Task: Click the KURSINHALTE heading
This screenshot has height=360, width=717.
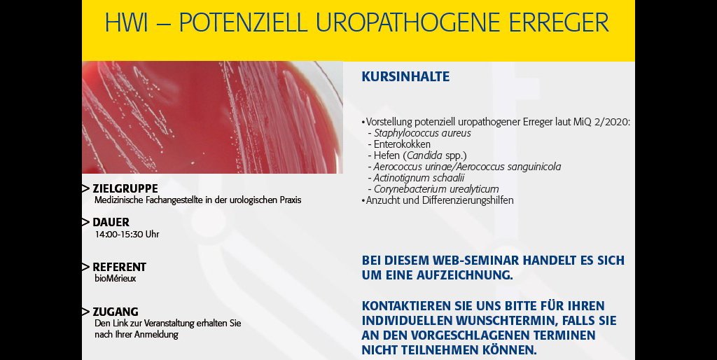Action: (405, 76)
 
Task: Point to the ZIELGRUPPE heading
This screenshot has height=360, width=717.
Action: (125, 188)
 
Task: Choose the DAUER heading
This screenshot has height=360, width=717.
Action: (111, 222)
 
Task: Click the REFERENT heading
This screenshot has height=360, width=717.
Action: (119, 267)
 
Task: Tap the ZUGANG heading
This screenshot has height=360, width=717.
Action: (116, 312)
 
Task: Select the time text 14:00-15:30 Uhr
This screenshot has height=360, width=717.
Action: (127, 234)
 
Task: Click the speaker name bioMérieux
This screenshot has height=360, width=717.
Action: (116, 278)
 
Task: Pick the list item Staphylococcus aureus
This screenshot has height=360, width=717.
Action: (422, 134)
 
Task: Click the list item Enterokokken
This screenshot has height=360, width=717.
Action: (402, 144)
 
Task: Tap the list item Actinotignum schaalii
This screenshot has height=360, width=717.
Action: (419, 178)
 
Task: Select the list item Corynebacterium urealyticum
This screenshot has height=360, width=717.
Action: (436, 189)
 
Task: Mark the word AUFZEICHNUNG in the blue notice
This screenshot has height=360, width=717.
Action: (465, 275)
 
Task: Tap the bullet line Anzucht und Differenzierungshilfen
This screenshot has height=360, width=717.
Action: (440, 200)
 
